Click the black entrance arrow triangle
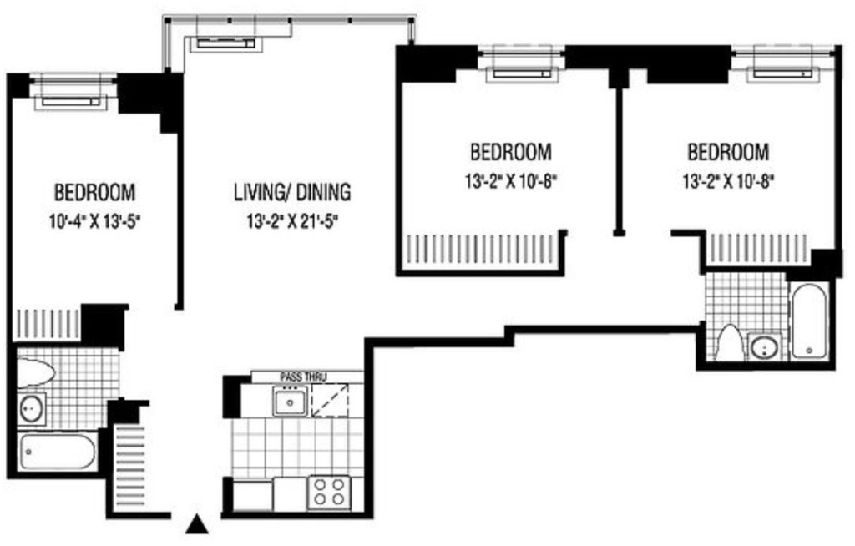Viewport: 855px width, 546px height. coord(197,525)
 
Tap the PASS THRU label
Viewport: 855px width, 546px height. coord(302,377)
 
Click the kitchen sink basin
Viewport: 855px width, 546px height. coord(290,402)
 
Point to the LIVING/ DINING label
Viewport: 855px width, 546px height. coord(292,193)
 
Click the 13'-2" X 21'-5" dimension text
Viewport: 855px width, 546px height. coord(293,221)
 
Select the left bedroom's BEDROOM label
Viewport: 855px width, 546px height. coord(95,193)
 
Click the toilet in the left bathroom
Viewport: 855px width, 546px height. coord(35,372)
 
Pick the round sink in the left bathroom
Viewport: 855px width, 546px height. coord(32,407)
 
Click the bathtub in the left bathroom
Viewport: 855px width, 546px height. coord(58,452)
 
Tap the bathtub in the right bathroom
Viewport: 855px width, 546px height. coord(810,321)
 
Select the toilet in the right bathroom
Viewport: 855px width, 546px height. coord(730,342)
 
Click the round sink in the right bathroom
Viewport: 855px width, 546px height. coord(765,347)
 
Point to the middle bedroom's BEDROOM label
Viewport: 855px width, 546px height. coord(511,152)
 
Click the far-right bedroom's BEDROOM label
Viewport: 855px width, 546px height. coord(728,152)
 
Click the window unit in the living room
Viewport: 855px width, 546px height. coord(225,43)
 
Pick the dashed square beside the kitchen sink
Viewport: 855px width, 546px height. coord(330,401)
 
